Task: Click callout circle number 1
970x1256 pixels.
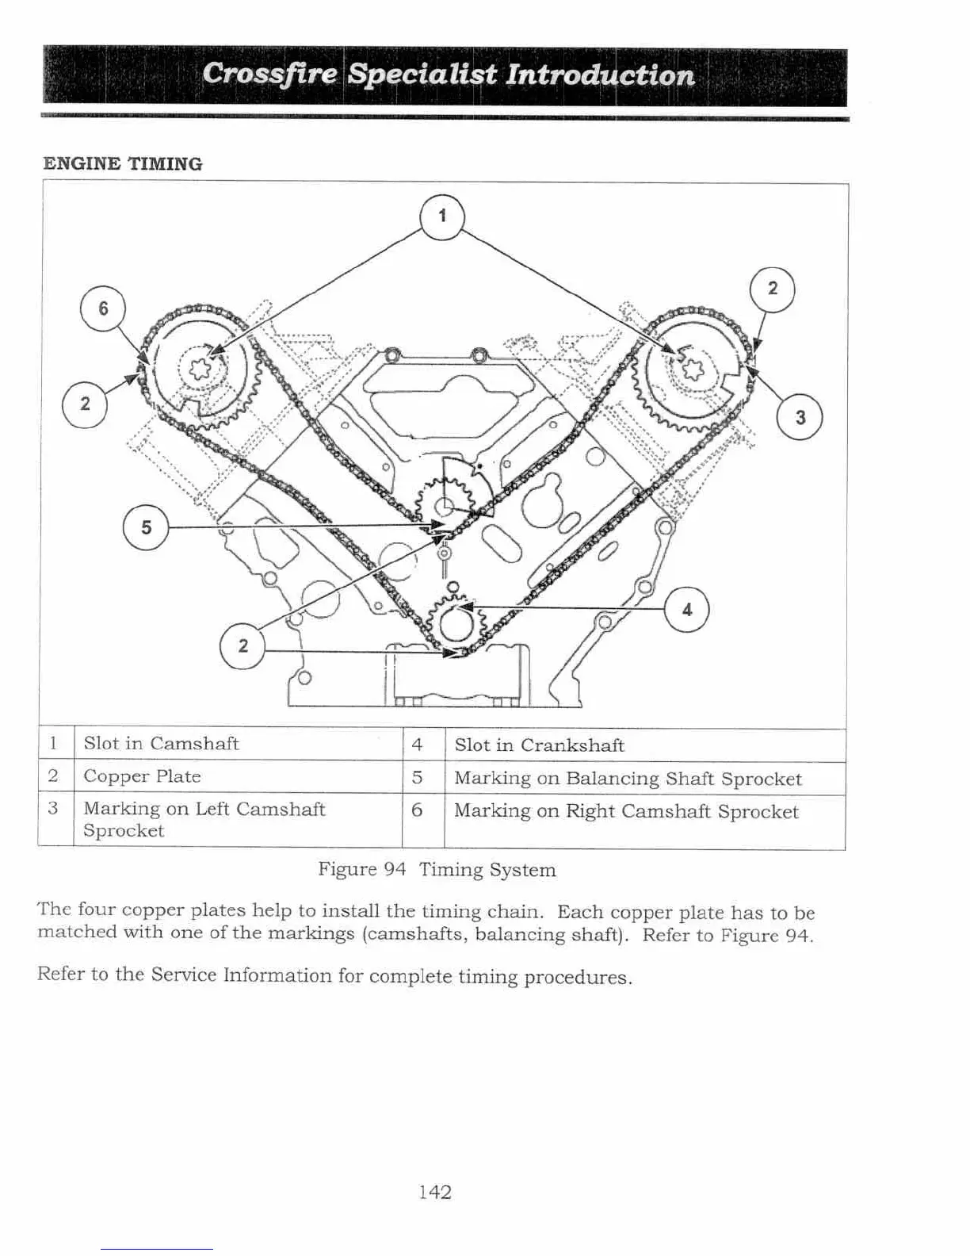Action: [441, 216]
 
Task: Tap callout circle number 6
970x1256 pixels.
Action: [103, 308]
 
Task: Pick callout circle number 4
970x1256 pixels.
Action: [686, 609]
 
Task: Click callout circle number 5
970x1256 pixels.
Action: [146, 527]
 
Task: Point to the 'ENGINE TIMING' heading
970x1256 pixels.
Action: [123, 164]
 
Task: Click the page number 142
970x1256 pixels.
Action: [434, 1192]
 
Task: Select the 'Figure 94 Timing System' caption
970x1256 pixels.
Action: [437, 870]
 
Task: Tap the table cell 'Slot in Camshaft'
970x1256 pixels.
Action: [161, 744]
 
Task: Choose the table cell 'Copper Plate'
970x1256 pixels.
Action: [142, 776]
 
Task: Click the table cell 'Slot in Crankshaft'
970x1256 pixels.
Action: [539, 745]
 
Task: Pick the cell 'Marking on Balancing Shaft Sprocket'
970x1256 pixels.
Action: [628, 779]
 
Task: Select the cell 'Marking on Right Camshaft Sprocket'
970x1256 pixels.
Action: [626, 812]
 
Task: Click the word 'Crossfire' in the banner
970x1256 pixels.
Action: [270, 75]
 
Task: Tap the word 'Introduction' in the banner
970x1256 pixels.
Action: [600, 75]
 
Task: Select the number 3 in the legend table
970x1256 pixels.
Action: [53, 809]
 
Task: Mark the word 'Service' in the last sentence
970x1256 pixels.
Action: [184, 975]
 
